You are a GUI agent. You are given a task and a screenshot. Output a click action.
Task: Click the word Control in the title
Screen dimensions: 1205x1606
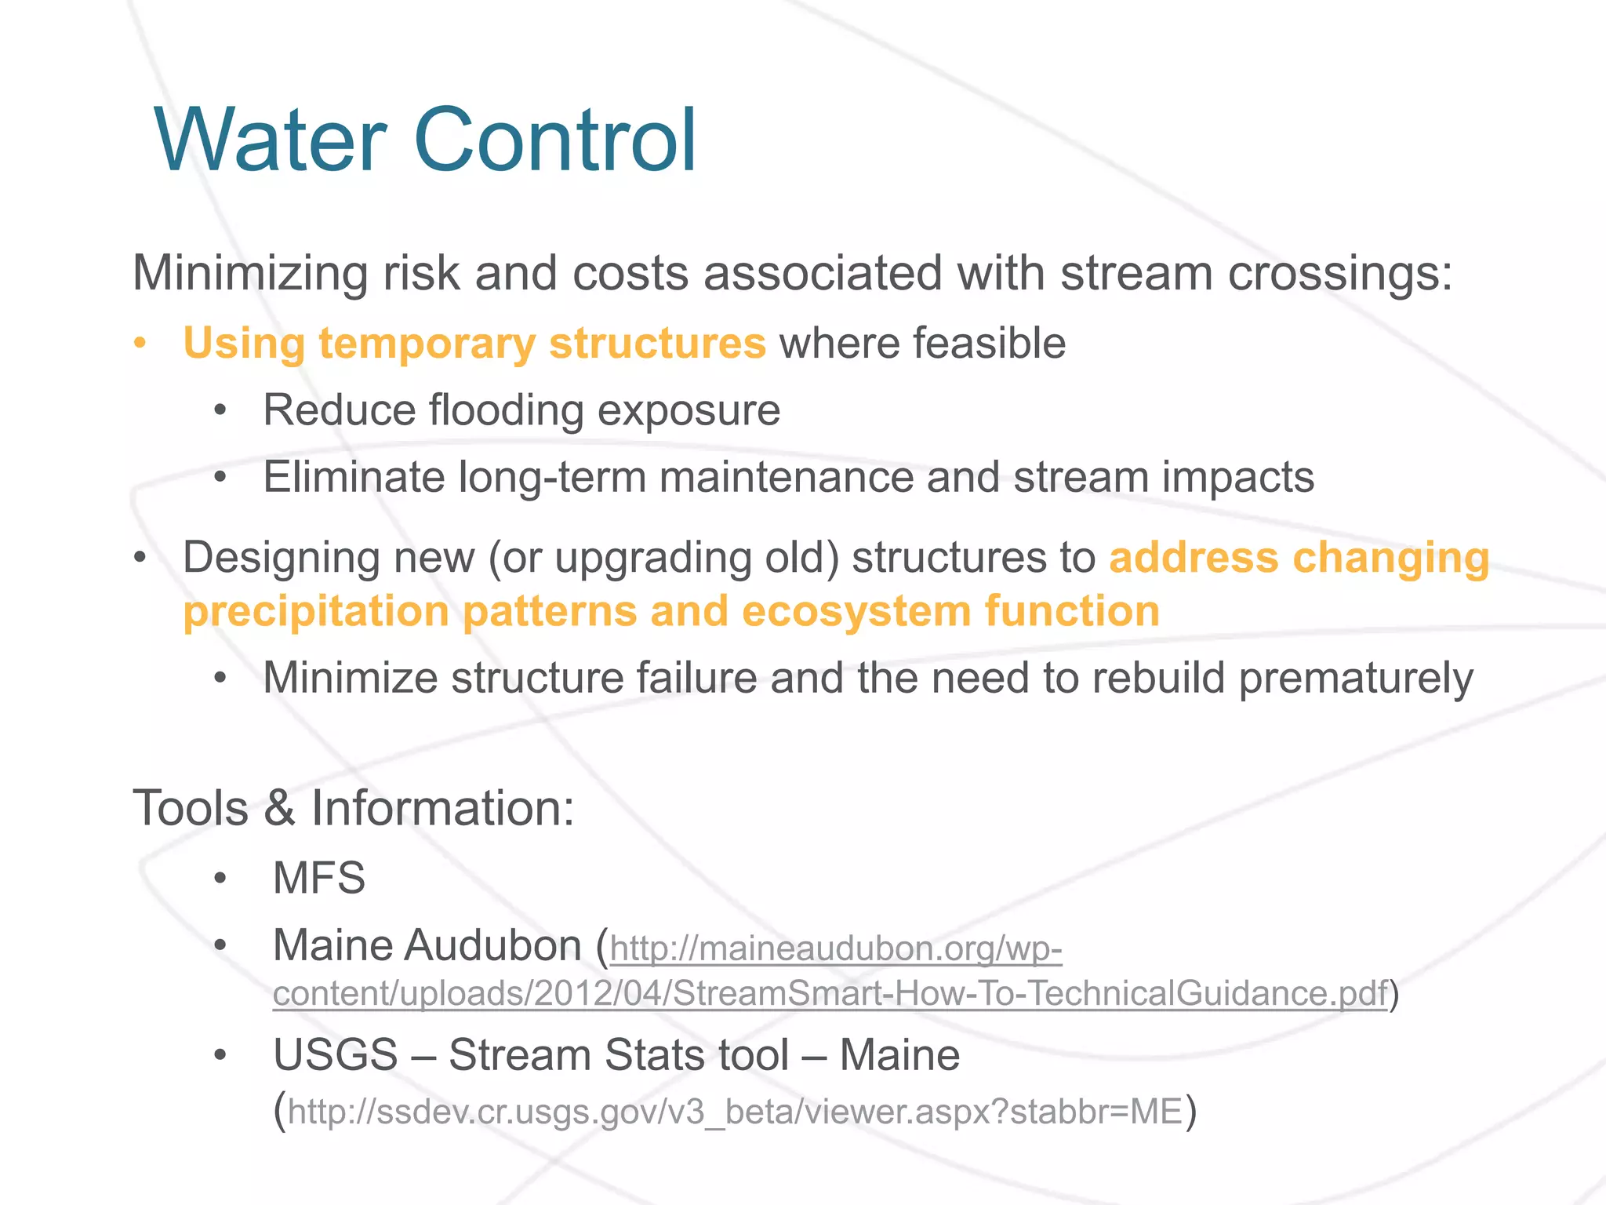[x=555, y=141]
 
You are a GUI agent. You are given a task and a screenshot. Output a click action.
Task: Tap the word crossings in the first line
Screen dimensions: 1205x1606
[x=1340, y=275]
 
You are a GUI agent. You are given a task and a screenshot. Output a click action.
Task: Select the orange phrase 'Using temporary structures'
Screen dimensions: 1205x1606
[x=474, y=344]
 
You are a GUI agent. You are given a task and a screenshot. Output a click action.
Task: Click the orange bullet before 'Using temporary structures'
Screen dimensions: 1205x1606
[x=140, y=344]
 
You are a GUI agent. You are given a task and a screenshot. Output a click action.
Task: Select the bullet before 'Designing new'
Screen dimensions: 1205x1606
[x=140, y=558]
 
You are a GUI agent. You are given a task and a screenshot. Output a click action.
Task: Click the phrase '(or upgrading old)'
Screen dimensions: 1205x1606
[x=663, y=558]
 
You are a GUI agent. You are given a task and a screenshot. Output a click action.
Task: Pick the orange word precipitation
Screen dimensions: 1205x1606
[x=316, y=612]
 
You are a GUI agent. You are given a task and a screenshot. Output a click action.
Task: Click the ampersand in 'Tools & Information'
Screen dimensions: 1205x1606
[x=279, y=808]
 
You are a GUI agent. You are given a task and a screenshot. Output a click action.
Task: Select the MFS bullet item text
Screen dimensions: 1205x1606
[x=319, y=877]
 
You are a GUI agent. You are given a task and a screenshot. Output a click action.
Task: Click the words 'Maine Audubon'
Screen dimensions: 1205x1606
[x=427, y=945]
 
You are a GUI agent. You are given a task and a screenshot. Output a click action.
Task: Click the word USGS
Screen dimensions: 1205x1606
[x=336, y=1055]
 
